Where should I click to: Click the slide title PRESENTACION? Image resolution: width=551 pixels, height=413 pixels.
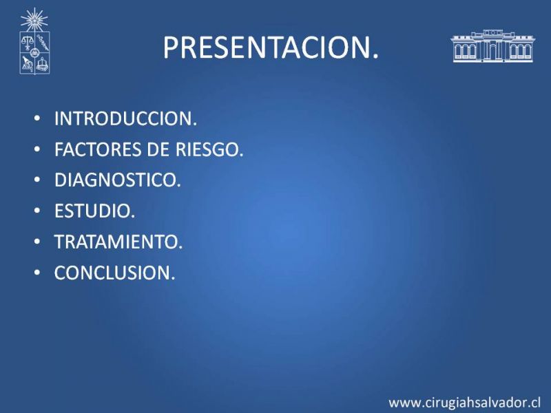(271, 47)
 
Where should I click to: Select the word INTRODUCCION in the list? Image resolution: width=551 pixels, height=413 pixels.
(126, 118)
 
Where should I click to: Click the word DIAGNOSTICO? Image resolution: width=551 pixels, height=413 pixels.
(117, 180)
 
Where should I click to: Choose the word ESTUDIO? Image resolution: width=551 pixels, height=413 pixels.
(94, 211)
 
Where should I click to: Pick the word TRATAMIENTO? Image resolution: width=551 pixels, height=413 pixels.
(118, 242)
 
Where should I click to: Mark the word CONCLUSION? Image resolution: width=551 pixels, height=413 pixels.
(114, 273)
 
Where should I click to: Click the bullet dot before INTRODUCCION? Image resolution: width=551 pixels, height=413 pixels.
(37, 118)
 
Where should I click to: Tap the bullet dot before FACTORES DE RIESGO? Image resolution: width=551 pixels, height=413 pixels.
(37, 149)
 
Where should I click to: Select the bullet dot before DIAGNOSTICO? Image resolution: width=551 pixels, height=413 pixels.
(37, 180)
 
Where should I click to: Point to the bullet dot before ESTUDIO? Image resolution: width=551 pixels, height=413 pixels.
(37, 211)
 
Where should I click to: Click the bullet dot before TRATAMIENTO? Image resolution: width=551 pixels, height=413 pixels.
(37, 242)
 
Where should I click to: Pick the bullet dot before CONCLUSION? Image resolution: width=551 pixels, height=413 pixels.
(37, 272)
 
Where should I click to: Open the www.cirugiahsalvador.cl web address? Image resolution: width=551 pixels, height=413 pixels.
(464, 403)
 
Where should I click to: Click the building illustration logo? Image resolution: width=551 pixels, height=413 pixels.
(492, 46)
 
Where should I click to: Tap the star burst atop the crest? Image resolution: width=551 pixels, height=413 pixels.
(34, 20)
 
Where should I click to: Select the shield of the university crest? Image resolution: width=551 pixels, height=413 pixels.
(34, 53)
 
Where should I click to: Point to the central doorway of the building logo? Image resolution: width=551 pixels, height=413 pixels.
(492, 52)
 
